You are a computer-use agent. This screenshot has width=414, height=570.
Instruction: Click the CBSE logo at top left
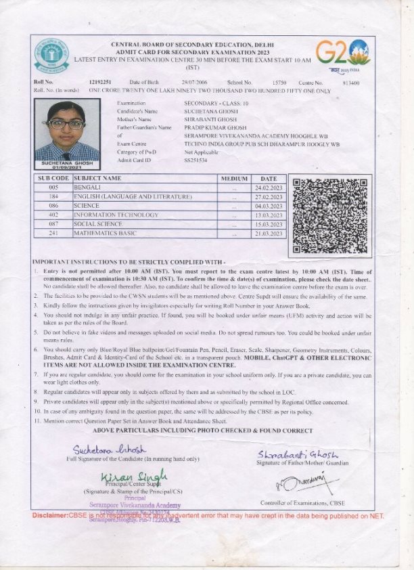click(52, 56)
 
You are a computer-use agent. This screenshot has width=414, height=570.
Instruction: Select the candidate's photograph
click(66, 131)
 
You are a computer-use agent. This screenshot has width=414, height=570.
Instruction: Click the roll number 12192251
click(99, 82)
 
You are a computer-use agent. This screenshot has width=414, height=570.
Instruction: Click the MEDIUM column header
click(233, 177)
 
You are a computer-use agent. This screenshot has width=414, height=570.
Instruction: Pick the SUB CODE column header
click(53, 177)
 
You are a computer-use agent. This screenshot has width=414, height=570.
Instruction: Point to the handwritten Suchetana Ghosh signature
click(110, 450)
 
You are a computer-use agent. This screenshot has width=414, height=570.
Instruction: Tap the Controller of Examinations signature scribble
click(296, 483)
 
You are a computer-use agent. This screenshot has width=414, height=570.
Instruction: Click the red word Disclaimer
click(50, 516)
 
